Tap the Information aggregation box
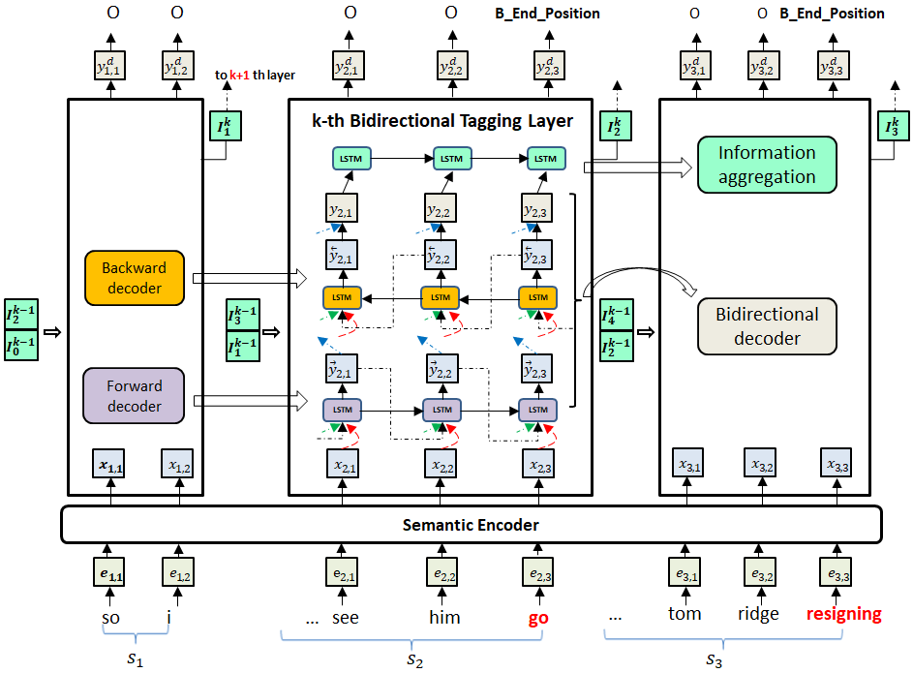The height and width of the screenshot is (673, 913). [x=767, y=165]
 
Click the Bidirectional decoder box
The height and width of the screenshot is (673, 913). [x=767, y=326]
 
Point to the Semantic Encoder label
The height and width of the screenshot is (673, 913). [x=471, y=525]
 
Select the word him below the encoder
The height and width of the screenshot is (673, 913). [x=444, y=616]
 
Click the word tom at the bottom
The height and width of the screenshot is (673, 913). [x=684, y=614]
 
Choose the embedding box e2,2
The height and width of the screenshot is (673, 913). [x=443, y=575]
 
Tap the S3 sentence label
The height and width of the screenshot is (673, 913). [x=714, y=661]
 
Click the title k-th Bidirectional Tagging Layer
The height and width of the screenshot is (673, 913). [x=441, y=121]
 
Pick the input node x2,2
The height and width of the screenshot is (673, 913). [x=442, y=467]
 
